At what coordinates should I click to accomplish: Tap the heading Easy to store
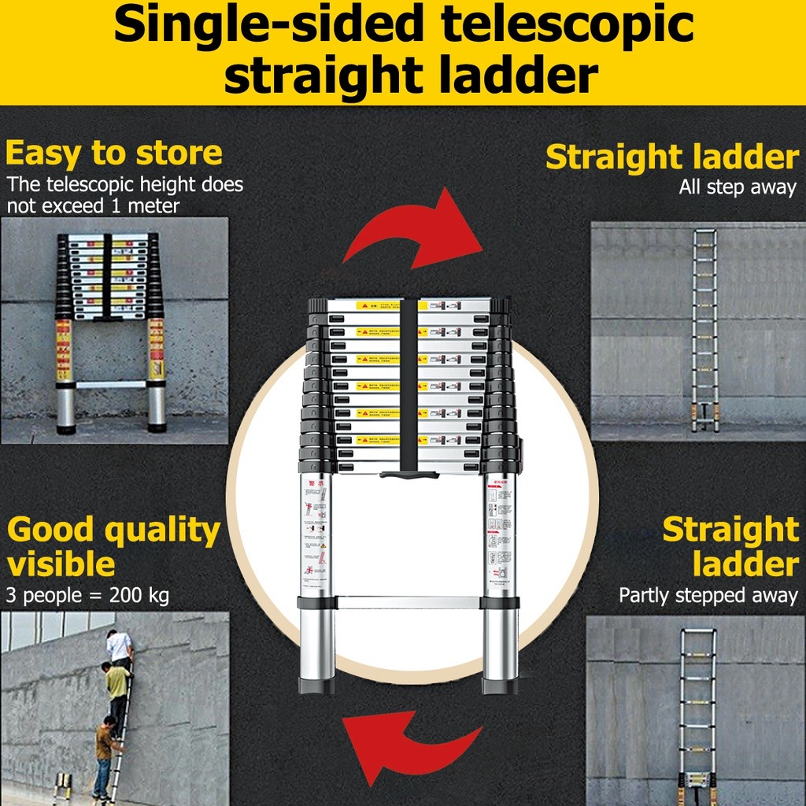[x=113, y=153]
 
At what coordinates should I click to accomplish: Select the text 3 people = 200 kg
[x=87, y=595]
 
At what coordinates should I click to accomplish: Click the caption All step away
[x=738, y=188]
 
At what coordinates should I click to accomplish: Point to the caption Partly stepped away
[x=708, y=595]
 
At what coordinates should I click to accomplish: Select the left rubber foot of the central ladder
[x=316, y=686]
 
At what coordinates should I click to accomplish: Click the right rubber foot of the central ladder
[x=501, y=686]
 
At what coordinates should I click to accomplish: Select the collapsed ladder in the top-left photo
[x=110, y=331]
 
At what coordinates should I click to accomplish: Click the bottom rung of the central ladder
[x=409, y=602]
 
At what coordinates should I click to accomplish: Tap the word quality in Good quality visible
[x=162, y=531]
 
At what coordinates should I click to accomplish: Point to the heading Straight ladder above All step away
[x=671, y=157]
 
